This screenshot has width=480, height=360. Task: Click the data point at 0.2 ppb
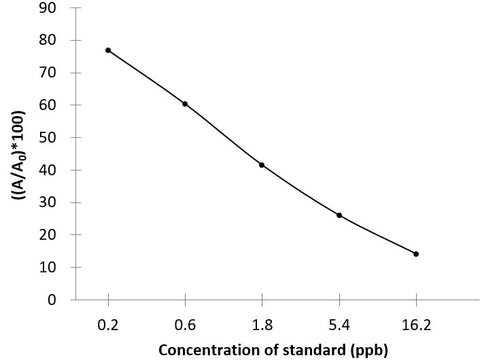(108, 50)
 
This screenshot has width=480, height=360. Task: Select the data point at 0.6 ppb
(185, 103)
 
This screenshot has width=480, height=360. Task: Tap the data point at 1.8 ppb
(262, 165)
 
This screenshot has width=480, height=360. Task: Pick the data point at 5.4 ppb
(339, 215)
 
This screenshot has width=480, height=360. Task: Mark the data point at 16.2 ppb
(416, 254)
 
